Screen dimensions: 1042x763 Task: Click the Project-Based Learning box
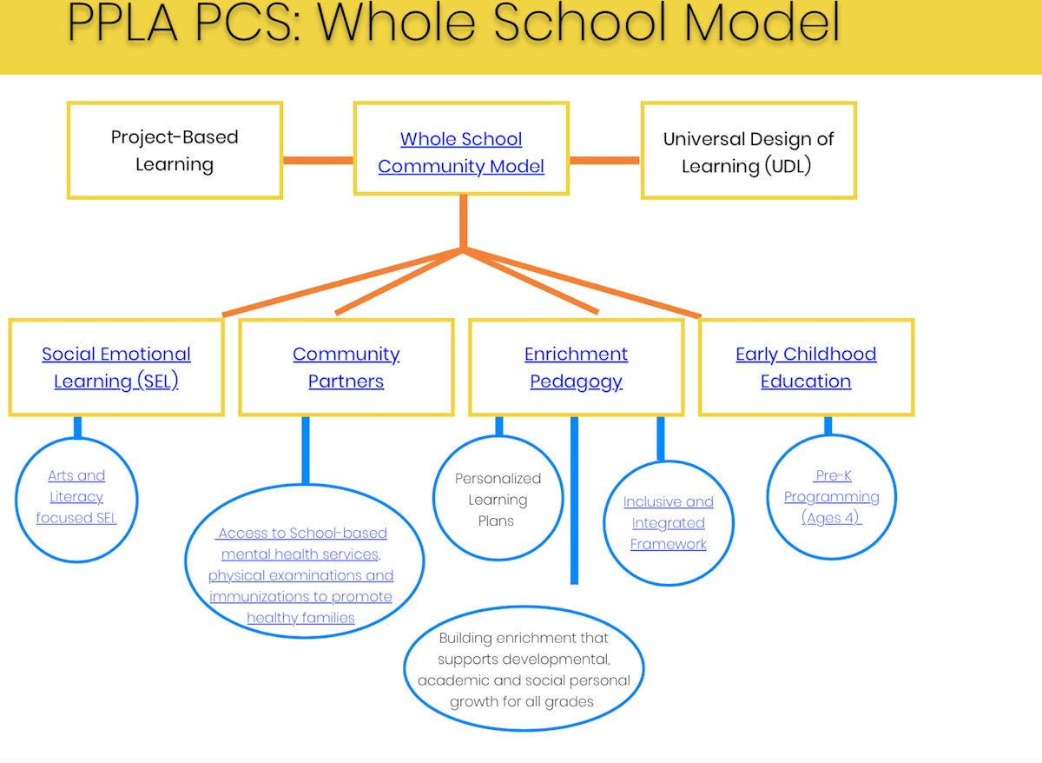click(175, 150)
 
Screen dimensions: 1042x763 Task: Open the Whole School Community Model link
click(461, 152)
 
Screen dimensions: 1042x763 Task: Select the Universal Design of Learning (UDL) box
click(748, 151)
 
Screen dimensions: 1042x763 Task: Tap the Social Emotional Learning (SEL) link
click(116, 367)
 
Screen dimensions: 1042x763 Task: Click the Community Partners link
click(346, 367)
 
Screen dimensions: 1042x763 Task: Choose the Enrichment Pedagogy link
click(576, 367)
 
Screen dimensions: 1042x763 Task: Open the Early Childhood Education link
click(806, 367)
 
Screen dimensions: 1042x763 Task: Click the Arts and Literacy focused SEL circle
click(76, 497)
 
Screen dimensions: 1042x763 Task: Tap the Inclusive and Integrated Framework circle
click(669, 522)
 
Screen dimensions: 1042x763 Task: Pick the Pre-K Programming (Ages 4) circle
click(832, 496)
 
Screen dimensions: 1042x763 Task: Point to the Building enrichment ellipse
click(523, 669)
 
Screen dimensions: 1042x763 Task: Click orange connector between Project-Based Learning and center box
click(318, 160)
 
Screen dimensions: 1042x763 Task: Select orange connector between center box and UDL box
click(604, 160)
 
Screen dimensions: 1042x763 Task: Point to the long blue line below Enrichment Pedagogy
click(574, 504)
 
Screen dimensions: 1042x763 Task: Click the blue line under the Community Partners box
click(305, 449)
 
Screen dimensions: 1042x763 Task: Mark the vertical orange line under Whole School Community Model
click(463, 222)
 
